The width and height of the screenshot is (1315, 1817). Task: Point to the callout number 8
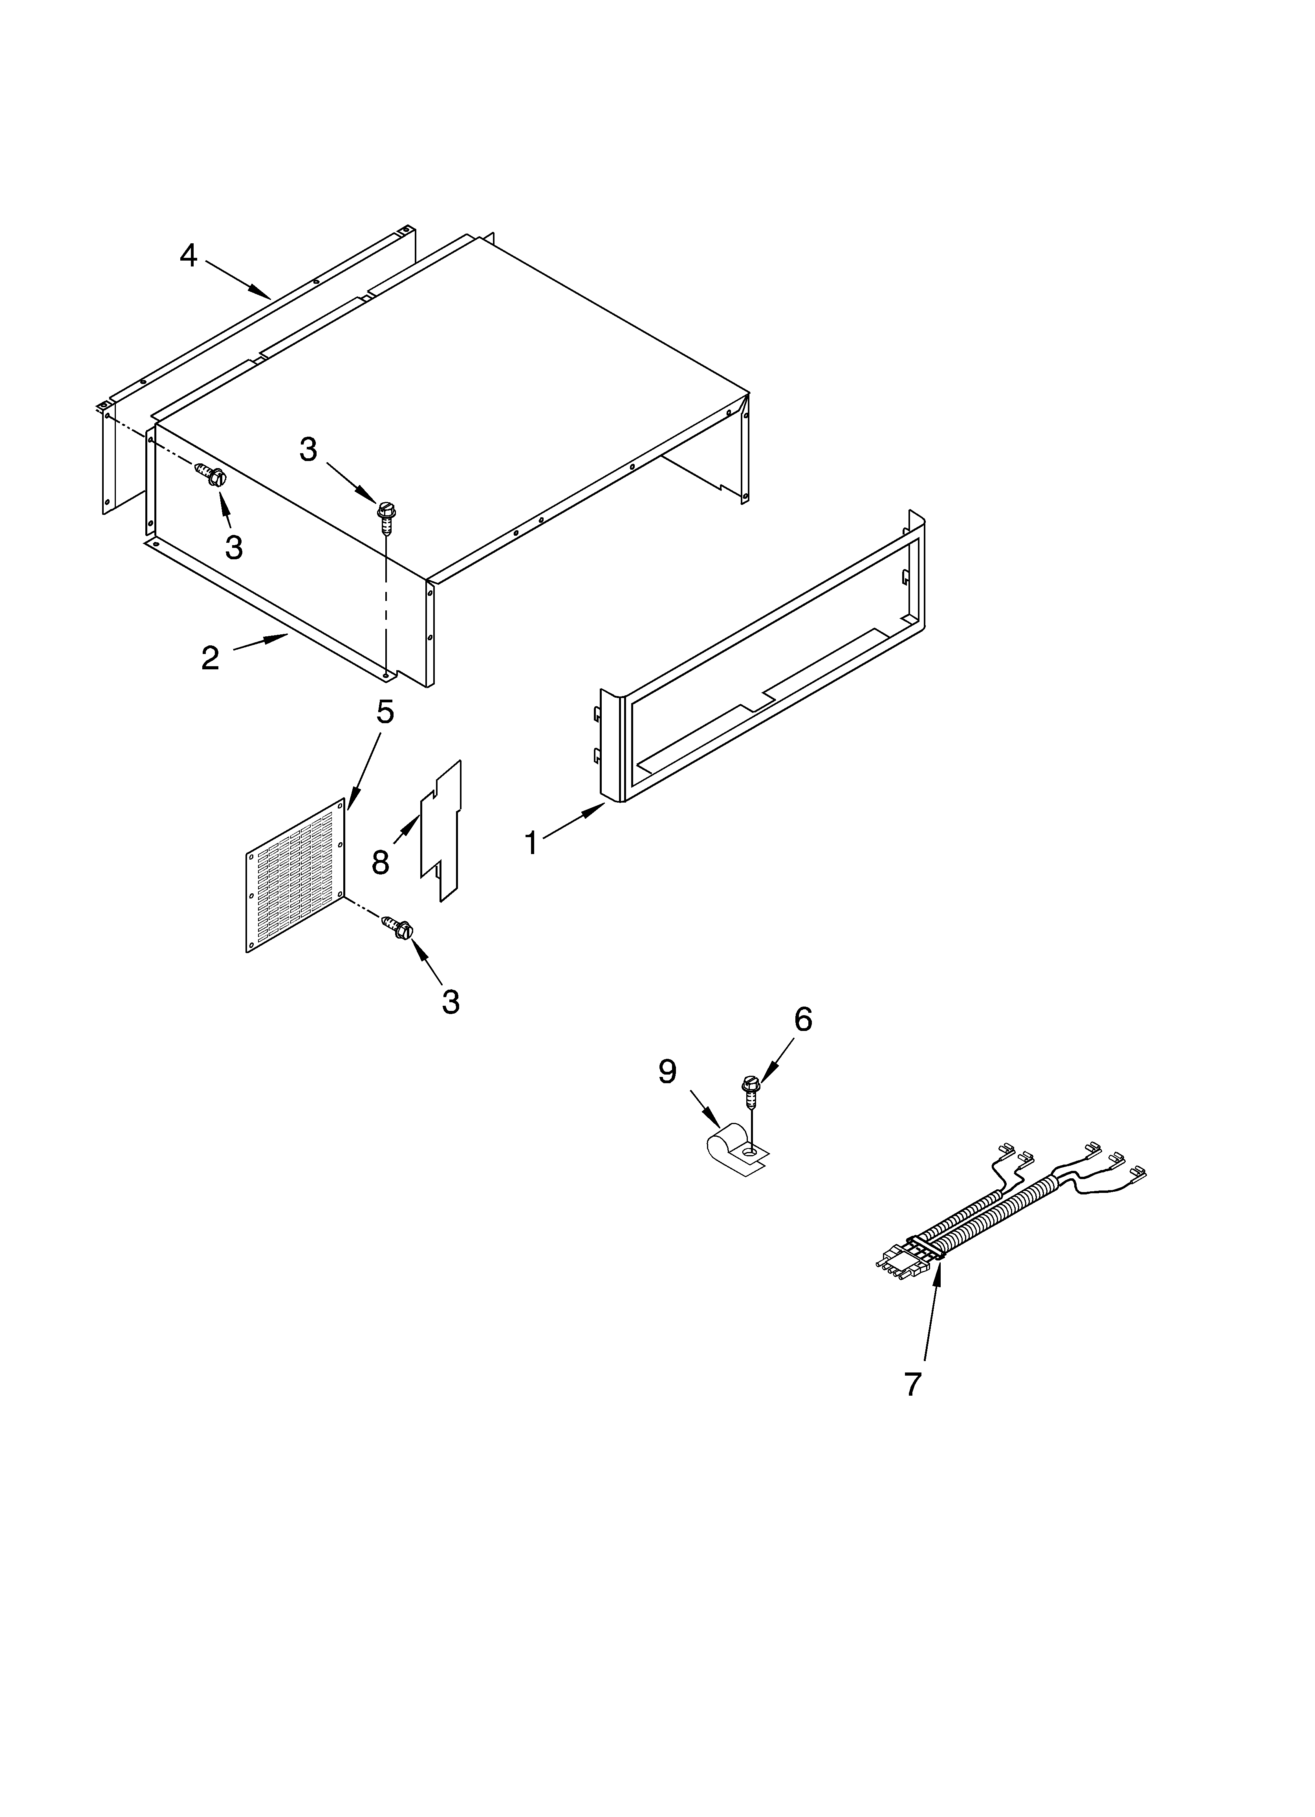coord(381,863)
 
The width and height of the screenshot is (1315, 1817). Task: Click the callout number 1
coord(531,843)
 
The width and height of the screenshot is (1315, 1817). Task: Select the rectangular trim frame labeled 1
coord(769,657)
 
